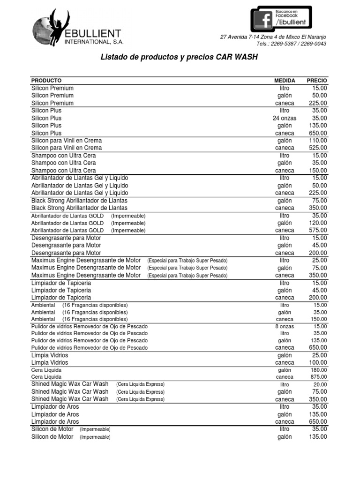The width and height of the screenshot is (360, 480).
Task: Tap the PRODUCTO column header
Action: pyautogui.click(x=46, y=81)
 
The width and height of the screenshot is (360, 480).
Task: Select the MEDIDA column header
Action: pyautogui.click(x=285, y=81)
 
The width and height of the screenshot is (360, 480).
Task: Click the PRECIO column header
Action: pyautogui.click(x=317, y=81)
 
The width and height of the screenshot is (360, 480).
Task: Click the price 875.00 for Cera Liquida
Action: pyautogui.click(x=319, y=377)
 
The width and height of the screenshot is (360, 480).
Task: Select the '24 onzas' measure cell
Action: pyautogui.click(x=285, y=118)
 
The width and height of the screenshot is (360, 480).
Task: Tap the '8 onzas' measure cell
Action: pyautogui.click(x=285, y=326)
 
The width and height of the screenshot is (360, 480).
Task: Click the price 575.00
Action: pyautogui.click(x=318, y=231)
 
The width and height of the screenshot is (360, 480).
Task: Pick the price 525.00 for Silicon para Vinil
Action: pyautogui.click(x=318, y=148)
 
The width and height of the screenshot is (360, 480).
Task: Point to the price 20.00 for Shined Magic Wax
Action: pyautogui.click(x=320, y=384)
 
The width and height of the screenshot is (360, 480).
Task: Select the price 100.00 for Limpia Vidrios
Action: pyautogui.click(x=318, y=363)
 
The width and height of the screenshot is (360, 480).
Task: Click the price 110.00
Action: pyautogui.click(x=318, y=141)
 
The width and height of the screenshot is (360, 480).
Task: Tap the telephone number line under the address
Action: pyautogui.click(x=292, y=44)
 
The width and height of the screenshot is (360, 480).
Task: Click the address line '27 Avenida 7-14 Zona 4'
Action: pyautogui.click(x=273, y=37)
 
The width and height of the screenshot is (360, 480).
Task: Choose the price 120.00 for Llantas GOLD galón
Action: pyautogui.click(x=318, y=223)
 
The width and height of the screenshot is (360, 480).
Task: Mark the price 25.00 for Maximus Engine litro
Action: pyautogui.click(x=319, y=260)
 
